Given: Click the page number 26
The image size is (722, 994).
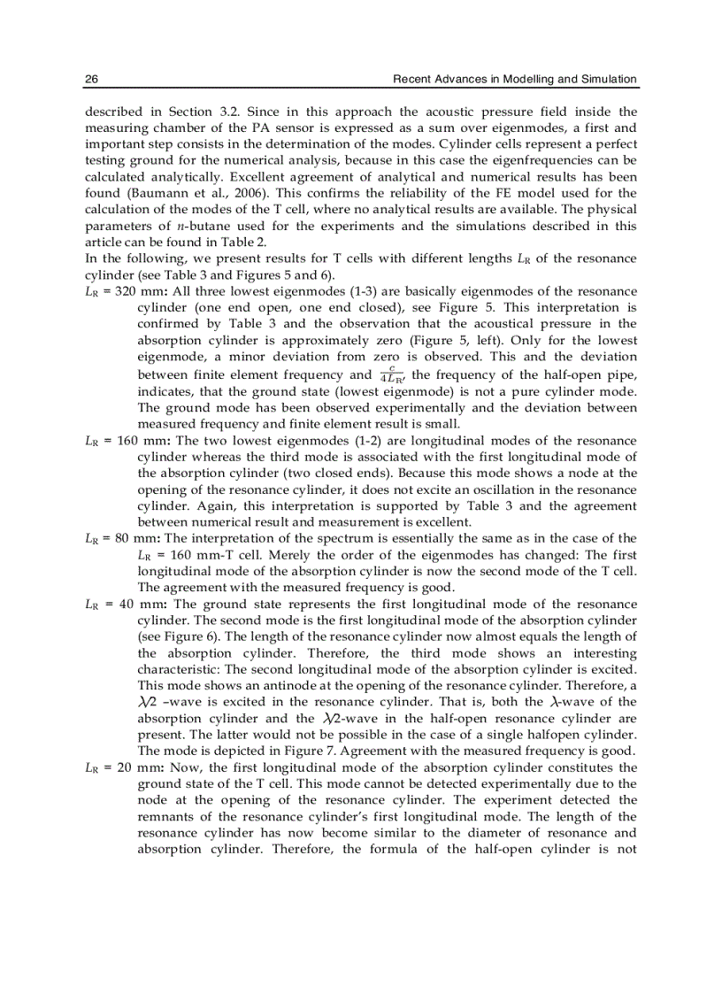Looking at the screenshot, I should click(x=91, y=80).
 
